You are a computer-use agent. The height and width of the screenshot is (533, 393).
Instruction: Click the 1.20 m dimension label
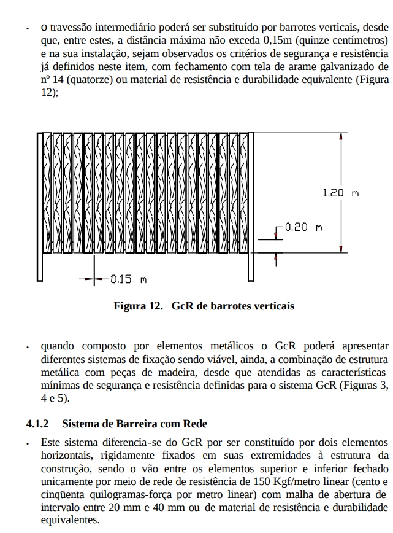tap(340, 193)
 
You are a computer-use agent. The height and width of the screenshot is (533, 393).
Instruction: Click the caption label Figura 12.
tap(138, 305)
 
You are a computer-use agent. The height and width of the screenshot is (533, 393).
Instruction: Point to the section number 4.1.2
tap(37, 424)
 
